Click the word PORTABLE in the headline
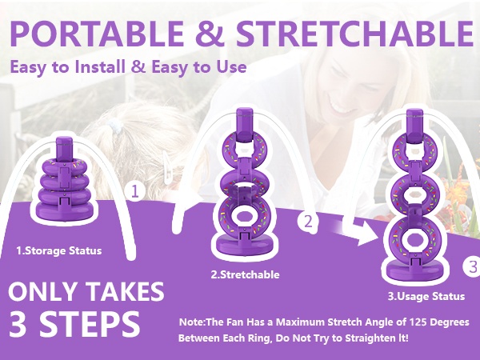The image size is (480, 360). click(97, 33)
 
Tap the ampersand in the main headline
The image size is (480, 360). click(210, 33)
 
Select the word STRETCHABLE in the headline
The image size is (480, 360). click(354, 33)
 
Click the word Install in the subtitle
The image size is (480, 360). click(101, 66)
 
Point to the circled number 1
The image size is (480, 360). click(135, 191)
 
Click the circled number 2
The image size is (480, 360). click(308, 222)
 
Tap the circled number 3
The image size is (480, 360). click(472, 266)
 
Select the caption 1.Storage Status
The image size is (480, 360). click(59, 250)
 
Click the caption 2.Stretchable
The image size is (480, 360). click(246, 274)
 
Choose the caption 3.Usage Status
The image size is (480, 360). click(426, 296)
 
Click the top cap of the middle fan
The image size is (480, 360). click(245, 125)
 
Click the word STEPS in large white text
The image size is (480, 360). click(90, 323)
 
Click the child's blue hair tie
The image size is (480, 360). click(115, 126)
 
